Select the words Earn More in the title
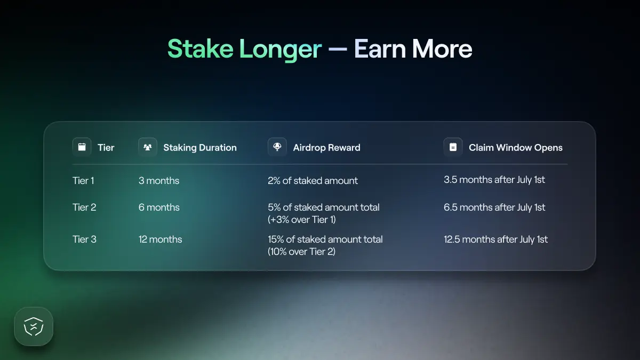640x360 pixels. (x=413, y=49)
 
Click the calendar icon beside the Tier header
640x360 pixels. (x=82, y=147)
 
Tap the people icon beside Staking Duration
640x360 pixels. (x=148, y=147)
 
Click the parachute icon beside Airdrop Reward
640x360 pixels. (x=277, y=147)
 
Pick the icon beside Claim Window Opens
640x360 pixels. (x=453, y=147)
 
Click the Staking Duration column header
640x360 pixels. (x=199, y=148)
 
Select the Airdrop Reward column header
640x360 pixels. (x=326, y=148)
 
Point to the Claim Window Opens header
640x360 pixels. (x=515, y=148)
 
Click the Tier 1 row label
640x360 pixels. (x=83, y=181)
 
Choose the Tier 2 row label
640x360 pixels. (x=84, y=207)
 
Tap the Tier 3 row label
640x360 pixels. (x=84, y=239)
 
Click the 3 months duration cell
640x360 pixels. (x=159, y=181)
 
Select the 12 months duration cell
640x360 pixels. (x=160, y=239)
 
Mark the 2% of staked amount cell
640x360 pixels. (x=313, y=181)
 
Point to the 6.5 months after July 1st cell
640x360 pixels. (x=494, y=207)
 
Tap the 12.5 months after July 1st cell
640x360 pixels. (x=495, y=239)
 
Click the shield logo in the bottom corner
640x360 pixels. (x=34, y=326)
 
